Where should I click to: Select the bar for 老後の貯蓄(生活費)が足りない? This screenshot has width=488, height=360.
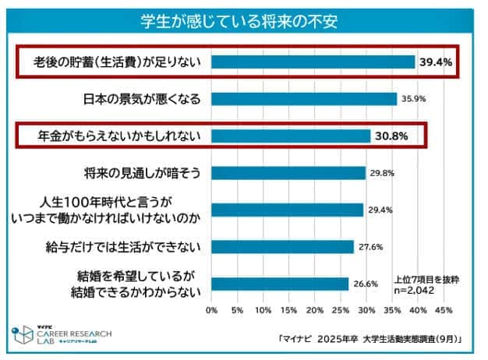(313, 62)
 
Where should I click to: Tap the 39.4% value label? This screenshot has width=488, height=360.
(437, 62)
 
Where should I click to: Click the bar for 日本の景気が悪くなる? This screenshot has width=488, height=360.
(304, 99)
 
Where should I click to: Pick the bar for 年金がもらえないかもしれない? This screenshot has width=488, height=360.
(291, 136)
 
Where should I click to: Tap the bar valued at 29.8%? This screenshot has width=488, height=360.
(288, 173)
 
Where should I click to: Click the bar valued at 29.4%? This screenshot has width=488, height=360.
(287, 210)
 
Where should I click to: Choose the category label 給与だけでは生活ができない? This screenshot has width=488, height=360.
(125, 247)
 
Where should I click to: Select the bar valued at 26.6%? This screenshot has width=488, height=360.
(280, 284)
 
